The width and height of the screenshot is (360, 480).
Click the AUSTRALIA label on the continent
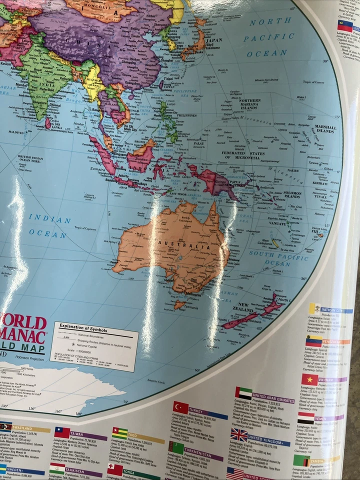(177, 245)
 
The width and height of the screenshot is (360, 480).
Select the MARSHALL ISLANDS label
(325, 128)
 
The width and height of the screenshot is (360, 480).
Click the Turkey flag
(180, 407)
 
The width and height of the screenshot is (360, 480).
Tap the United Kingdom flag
(238, 435)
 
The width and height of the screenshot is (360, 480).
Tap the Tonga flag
(114, 469)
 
